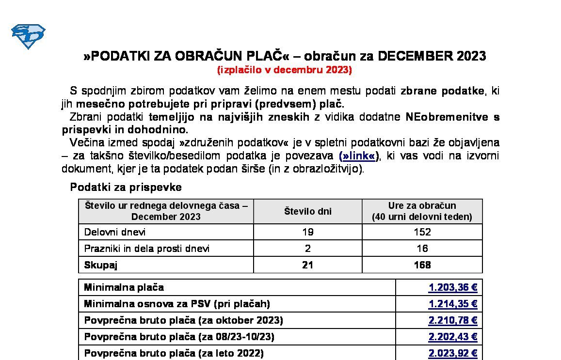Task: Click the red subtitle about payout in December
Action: (x=284, y=69)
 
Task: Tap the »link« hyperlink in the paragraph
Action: (x=359, y=156)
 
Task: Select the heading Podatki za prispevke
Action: (x=126, y=187)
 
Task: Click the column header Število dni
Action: (x=307, y=211)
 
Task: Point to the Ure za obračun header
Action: (x=422, y=211)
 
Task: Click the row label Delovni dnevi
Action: (x=115, y=232)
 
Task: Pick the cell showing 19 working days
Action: (x=307, y=232)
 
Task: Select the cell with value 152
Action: (x=422, y=232)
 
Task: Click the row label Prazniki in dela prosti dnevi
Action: (x=147, y=249)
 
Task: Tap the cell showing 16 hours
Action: (x=422, y=249)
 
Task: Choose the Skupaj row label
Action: (x=101, y=265)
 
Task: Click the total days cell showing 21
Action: (x=307, y=265)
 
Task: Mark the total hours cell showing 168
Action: (x=422, y=265)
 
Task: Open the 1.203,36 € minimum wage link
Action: (x=453, y=287)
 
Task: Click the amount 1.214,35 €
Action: (x=453, y=304)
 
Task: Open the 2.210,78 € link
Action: (x=453, y=320)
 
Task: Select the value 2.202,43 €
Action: (x=453, y=337)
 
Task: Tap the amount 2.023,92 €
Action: (x=453, y=353)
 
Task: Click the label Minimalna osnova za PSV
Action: (x=177, y=304)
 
